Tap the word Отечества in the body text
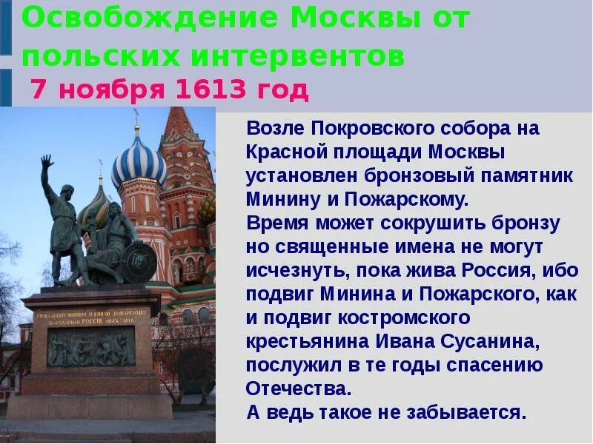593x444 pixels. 296,388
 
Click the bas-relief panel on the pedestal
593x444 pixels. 91,346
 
